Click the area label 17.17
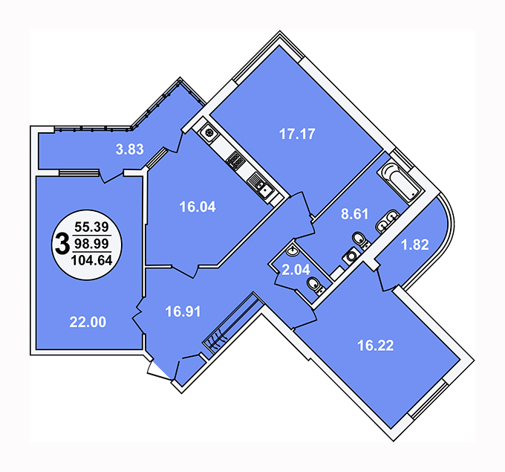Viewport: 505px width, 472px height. (x=297, y=134)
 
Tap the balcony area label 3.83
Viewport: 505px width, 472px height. (x=129, y=149)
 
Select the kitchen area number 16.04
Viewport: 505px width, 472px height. (x=198, y=207)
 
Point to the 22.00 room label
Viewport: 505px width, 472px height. (x=88, y=322)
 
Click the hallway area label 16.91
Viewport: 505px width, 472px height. (x=183, y=311)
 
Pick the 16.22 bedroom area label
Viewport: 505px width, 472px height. (x=376, y=346)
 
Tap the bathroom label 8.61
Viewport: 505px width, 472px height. (x=354, y=214)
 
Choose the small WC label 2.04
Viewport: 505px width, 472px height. (x=296, y=270)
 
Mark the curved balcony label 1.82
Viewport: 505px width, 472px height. (x=415, y=245)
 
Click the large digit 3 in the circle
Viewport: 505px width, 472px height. (x=62, y=244)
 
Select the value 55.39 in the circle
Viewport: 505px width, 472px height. (x=92, y=227)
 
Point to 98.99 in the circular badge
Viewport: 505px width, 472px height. (x=92, y=244)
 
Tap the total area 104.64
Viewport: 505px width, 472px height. (x=92, y=260)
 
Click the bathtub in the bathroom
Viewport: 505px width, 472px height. (x=399, y=182)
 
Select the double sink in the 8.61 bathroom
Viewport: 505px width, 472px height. (x=388, y=221)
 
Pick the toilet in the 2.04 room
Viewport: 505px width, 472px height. (x=316, y=285)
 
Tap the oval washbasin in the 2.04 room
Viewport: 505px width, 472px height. (x=293, y=250)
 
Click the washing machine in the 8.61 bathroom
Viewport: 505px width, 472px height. (x=351, y=256)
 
